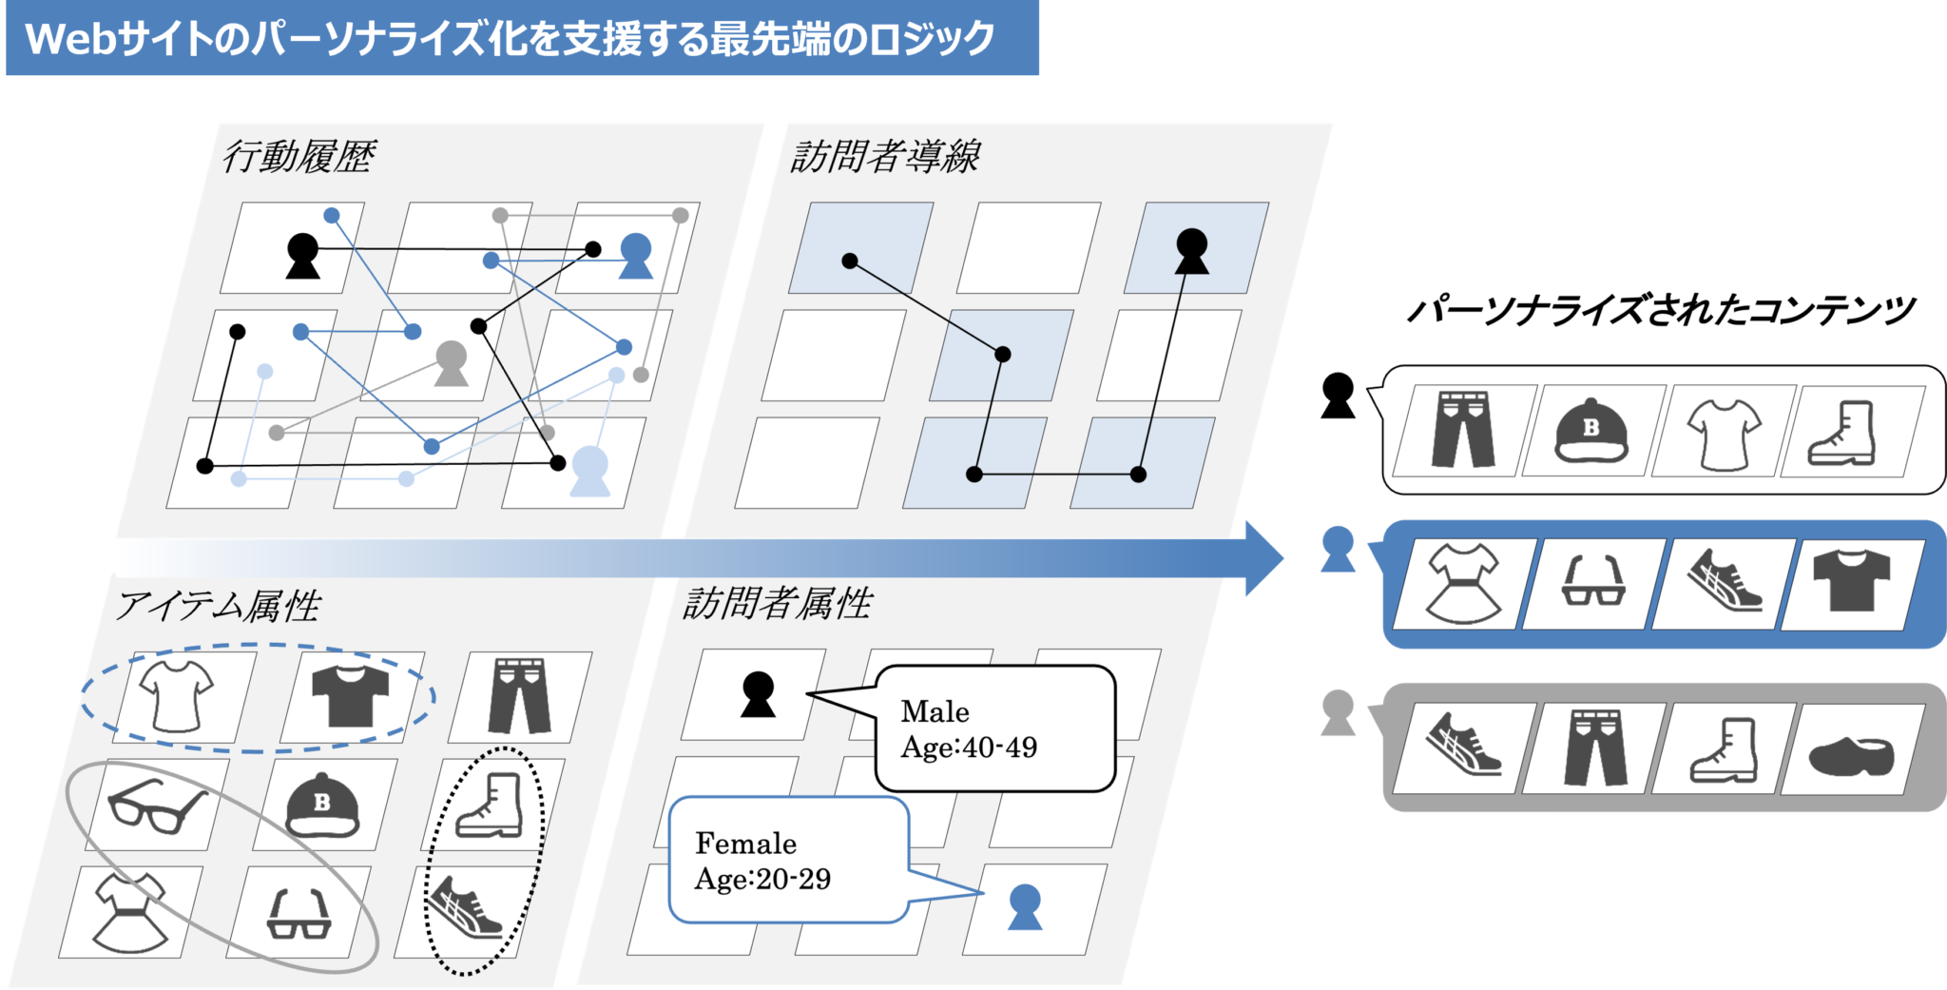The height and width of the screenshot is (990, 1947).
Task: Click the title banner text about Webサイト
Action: [x=510, y=39]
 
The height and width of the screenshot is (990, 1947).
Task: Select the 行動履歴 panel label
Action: [x=299, y=157]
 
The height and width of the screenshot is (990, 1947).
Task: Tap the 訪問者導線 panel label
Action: [x=885, y=157]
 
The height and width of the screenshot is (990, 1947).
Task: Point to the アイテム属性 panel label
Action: [x=219, y=606]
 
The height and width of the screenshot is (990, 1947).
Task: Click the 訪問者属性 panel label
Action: [x=778, y=604]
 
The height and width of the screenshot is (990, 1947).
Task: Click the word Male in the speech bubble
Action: [x=935, y=711]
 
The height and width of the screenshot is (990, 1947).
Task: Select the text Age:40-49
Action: [x=969, y=747]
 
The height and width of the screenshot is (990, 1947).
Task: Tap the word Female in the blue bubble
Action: [x=745, y=844]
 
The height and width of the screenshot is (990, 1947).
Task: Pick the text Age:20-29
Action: [x=762, y=879]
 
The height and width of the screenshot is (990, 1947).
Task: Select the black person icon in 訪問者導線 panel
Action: [x=1191, y=251]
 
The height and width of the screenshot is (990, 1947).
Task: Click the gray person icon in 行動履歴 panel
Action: [x=452, y=363]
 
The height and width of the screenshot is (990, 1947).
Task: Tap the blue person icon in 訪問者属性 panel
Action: [x=1024, y=906]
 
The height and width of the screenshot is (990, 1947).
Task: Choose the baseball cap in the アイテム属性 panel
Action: [x=322, y=805]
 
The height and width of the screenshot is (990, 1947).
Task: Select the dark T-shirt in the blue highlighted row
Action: [x=1851, y=580]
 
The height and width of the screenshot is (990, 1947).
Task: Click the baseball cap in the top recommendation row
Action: [x=1591, y=431]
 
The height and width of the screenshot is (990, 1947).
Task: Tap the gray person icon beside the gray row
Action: [x=1338, y=712]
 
